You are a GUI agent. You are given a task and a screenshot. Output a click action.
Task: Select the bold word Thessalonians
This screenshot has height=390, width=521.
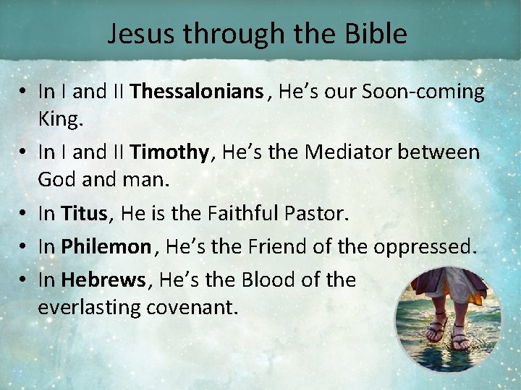point(197,92)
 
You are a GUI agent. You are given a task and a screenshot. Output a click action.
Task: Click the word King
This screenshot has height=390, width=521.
point(61,119)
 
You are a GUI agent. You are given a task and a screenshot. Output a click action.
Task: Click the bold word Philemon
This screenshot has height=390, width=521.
point(105,246)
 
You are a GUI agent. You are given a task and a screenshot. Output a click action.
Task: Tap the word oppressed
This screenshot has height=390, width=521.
point(425,246)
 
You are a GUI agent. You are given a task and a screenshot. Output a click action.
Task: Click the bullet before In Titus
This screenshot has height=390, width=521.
point(25,214)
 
